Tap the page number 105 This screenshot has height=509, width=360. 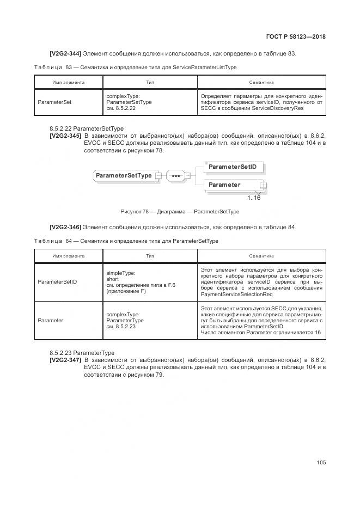tap(321, 463)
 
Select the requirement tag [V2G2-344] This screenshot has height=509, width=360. tap(65, 53)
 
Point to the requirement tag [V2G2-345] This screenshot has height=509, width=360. tap(65, 136)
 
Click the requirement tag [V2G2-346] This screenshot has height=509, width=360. tap(65, 227)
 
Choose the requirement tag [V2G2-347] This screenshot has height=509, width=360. tap(65, 360)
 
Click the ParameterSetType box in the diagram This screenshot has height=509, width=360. tap(124, 176)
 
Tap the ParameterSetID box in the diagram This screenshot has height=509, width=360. tap(233, 166)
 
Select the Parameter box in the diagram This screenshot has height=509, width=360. tap(233, 185)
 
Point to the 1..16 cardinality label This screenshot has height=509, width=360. tap(254, 198)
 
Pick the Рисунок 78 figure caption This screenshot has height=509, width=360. tap(180, 212)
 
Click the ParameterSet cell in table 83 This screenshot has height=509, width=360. tap(54, 102)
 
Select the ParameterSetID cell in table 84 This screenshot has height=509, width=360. tap(57, 282)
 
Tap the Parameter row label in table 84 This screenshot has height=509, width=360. tap(51, 321)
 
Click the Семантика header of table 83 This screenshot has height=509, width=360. tap(261, 82)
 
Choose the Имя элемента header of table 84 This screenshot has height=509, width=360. tap(69, 256)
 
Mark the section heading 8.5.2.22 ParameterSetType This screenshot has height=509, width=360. tap(86, 128)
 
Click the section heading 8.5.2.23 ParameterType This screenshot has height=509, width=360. tap(82, 353)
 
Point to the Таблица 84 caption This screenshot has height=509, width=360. tap(126, 241)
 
